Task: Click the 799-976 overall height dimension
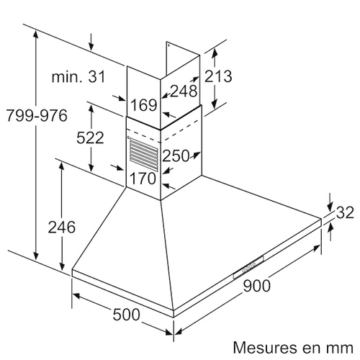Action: pyautogui.click(x=37, y=116)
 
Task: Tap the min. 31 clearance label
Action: pyautogui.click(x=78, y=77)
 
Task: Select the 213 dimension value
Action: pyautogui.click(x=218, y=76)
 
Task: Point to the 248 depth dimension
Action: pyautogui.click(x=184, y=91)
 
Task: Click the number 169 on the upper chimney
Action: pyautogui.click(x=144, y=105)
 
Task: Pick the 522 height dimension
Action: pyautogui.click(x=90, y=138)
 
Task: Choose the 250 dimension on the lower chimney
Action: pyautogui.click(x=176, y=156)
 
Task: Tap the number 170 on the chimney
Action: pyautogui.click(x=143, y=179)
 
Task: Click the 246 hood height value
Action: pyautogui.click(x=62, y=227)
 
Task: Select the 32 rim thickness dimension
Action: pyautogui.click(x=345, y=212)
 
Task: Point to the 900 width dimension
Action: pyautogui.click(x=256, y=286)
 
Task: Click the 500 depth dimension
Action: pyautogui.click(x=126, y=315)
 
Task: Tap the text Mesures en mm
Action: pyautogui.click(x=293, y=348)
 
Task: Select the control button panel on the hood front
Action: pyautogui.click(x=248, y=267)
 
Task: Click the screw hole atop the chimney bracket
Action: pyautogui.click(x=168, y=45)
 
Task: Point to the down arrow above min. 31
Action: pyautogui.click(x=91, y=42)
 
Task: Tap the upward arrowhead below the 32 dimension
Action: pyautogui.click(x=330, y=227)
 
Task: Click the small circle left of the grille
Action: pyautogui.click(x=128, y=138)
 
